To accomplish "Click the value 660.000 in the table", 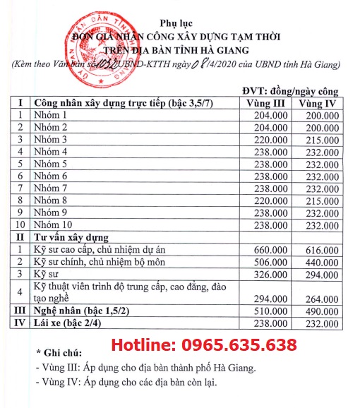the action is [x=269, y=250].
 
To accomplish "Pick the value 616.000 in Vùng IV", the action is [x=319, y=250].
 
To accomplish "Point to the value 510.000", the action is [x=269, y=311].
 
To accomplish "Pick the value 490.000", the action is [x=319, y=311].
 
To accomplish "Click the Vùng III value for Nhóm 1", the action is [x=269, y=114].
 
